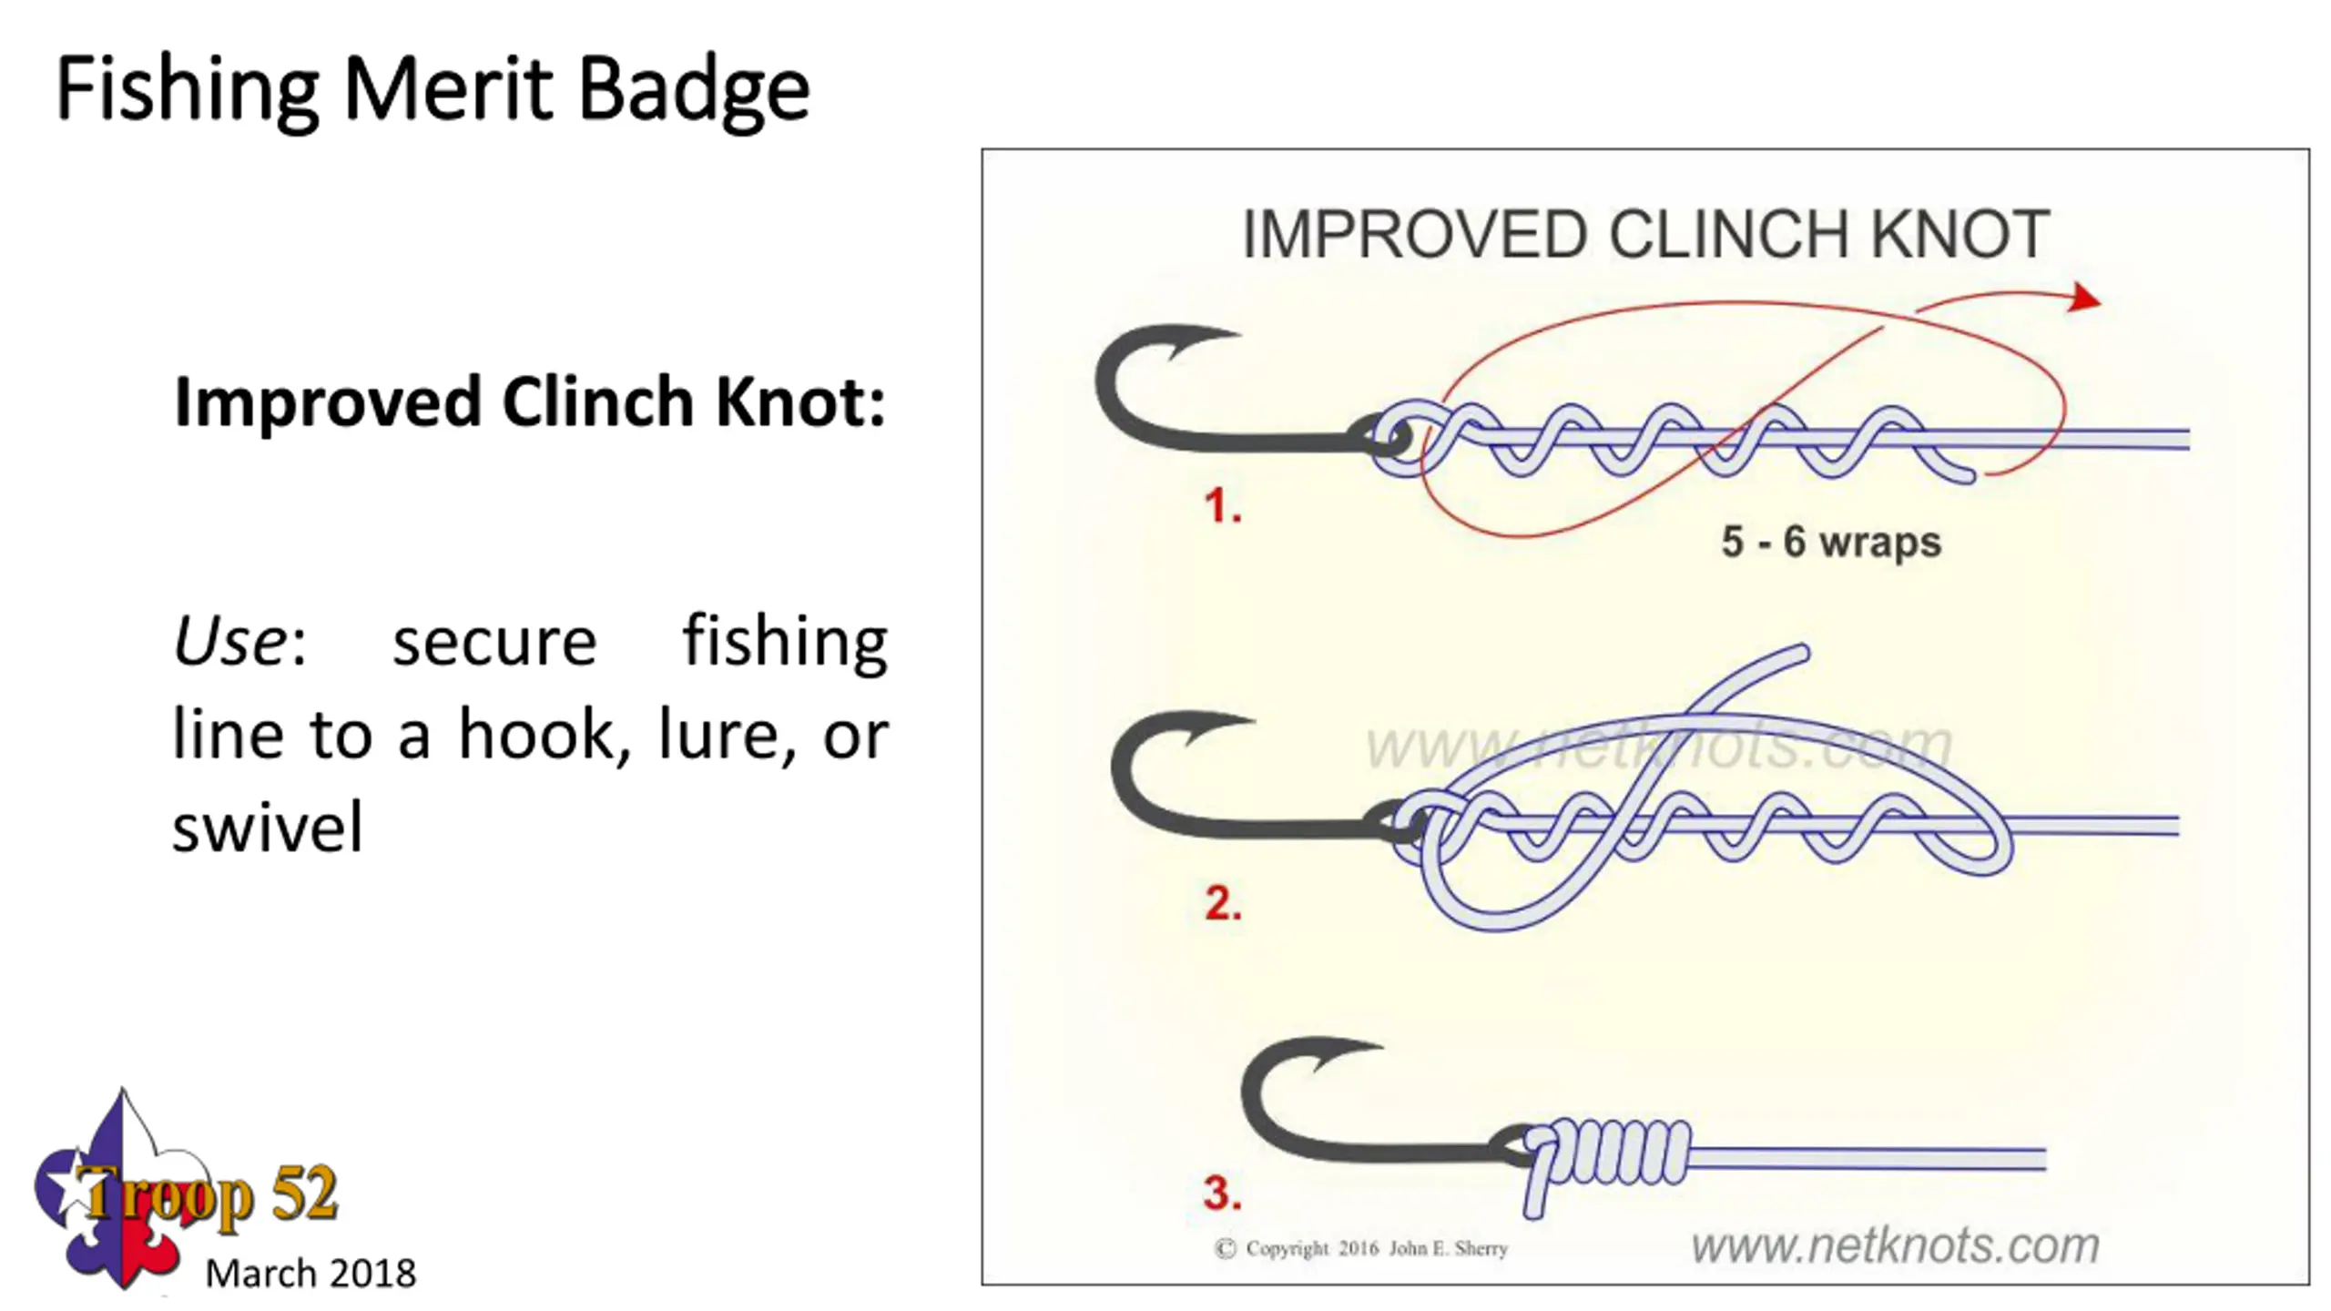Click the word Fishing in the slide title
pyautogui.click(x=187, y=89)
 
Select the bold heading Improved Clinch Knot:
pyautogui.click(x=529, y=401)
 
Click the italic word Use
pyautogui.click(x=230, y=641)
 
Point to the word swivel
pyautogui.click(x=268, y=828)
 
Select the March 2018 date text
pyautogui.click(x=310, y=1273)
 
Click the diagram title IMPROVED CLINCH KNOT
pyautogui.click(x=1645, y=235)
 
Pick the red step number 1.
pyautogui.click(x=1222, y=505)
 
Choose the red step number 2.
pyautogui.click(x=1222, y=903)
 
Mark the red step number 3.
pyautogui.click(x=1222, y=1193)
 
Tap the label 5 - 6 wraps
pyautogui.click(x=1830, y=542)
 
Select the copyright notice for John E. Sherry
pyautogui.click(x=1361, y=1248)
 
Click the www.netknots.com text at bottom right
pyautogui.click(x=1894, y=1245)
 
